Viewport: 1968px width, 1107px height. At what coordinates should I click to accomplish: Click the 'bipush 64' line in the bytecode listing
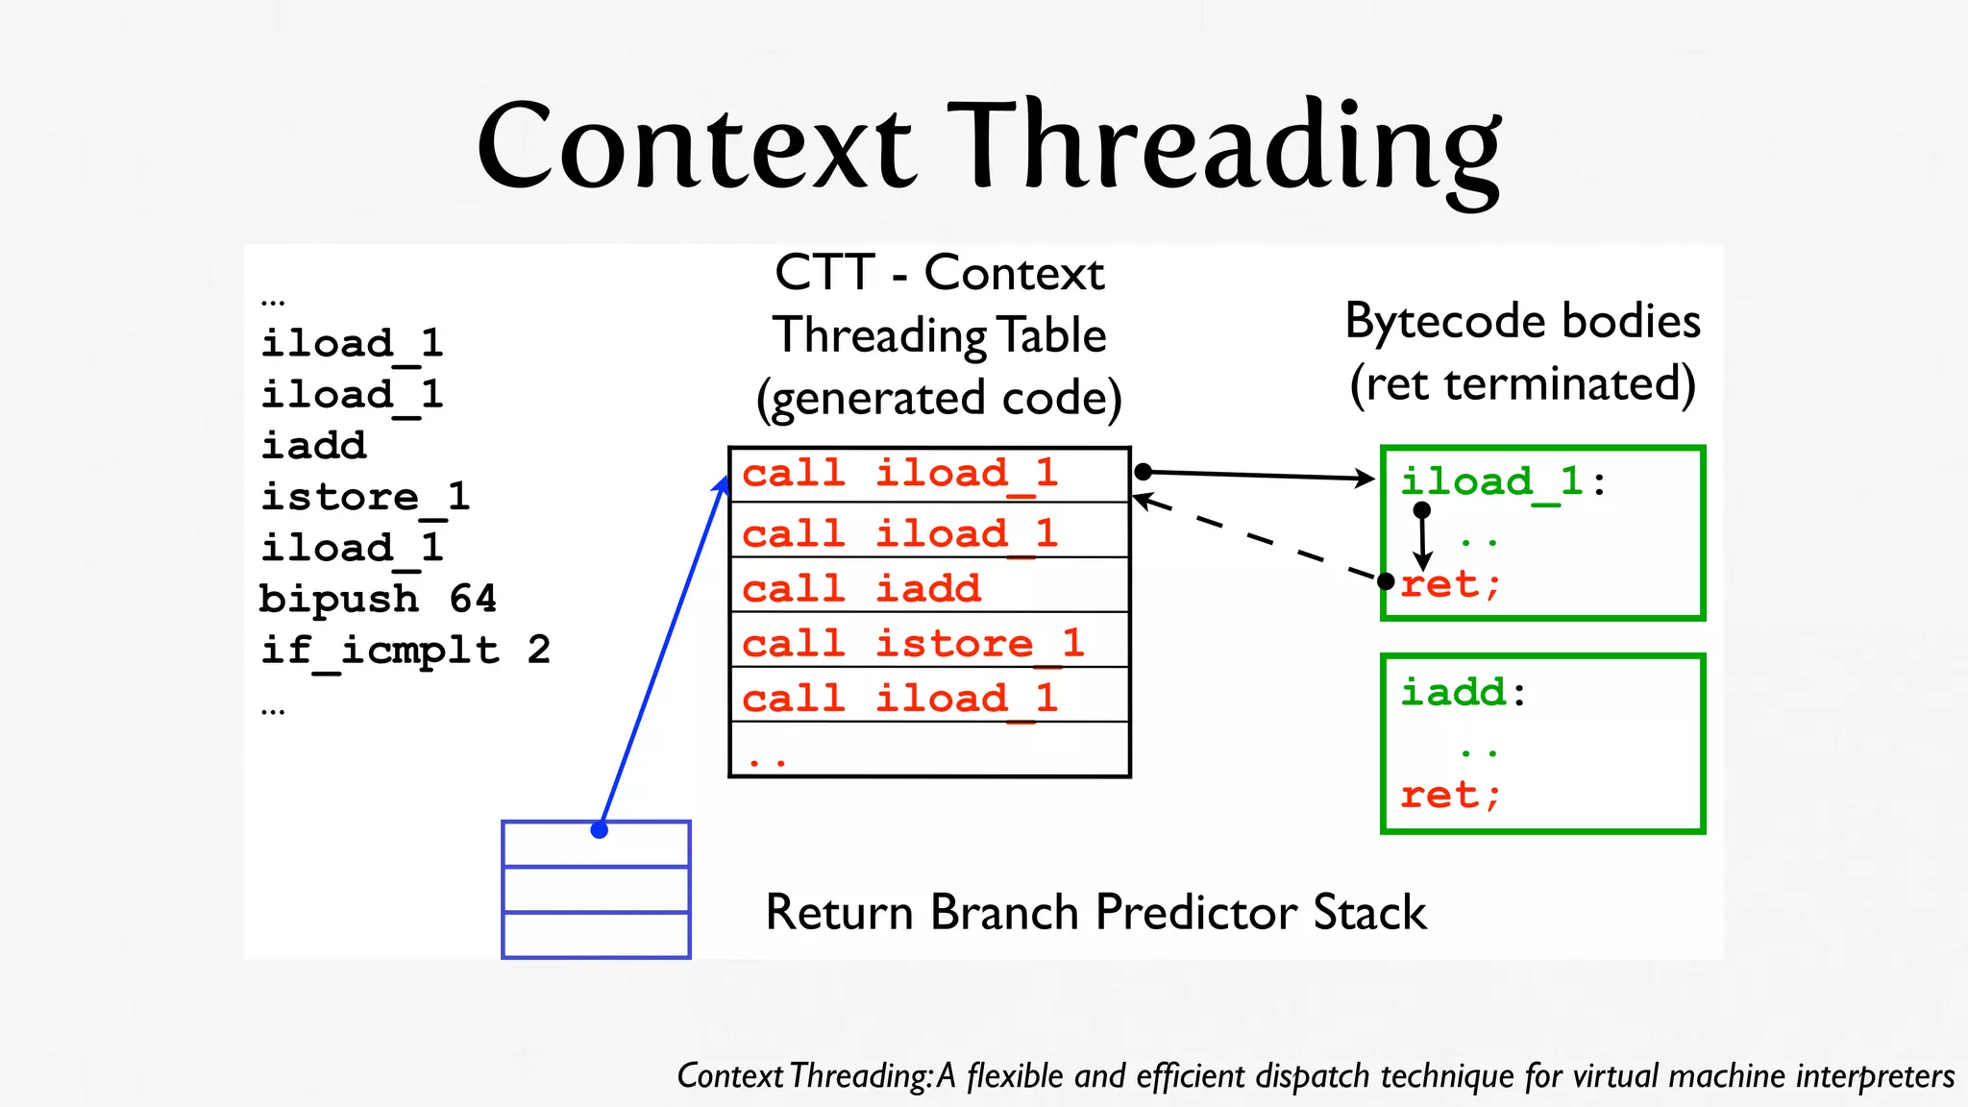(378, 599)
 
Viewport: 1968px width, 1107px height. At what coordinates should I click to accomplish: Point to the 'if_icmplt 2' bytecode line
(405, 651)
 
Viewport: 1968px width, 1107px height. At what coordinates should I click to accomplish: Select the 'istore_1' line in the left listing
(365, 497)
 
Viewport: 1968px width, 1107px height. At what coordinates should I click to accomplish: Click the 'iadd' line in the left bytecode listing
(314, 446)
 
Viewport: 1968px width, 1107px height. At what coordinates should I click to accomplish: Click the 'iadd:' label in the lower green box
(1463, 692)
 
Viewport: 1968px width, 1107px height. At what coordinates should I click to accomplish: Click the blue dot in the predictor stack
(600, 830)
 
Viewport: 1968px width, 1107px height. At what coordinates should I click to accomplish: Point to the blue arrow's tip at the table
(726, 480)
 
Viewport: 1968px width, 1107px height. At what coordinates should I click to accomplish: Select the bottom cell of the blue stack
(596, 935)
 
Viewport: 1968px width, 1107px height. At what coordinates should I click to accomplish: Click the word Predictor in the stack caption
(1196, 912)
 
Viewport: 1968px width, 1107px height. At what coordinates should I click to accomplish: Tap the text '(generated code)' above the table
(939, 398)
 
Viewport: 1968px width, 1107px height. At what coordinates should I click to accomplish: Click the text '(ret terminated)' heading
(1522, 383)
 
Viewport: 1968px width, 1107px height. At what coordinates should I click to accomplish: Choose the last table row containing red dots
(928, 750)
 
